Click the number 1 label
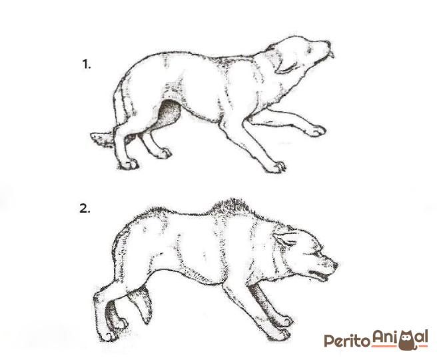tap(87, 65)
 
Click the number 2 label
tap(85, 209)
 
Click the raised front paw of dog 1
tap(316, 131)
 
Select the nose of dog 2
tap(335, 265)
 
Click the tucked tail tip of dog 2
tap(147, 319)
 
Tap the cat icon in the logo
tap(408, 340)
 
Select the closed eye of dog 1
tap(309, 50)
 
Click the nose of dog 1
tap(328, 44)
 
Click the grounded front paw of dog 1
tap(275, 167)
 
